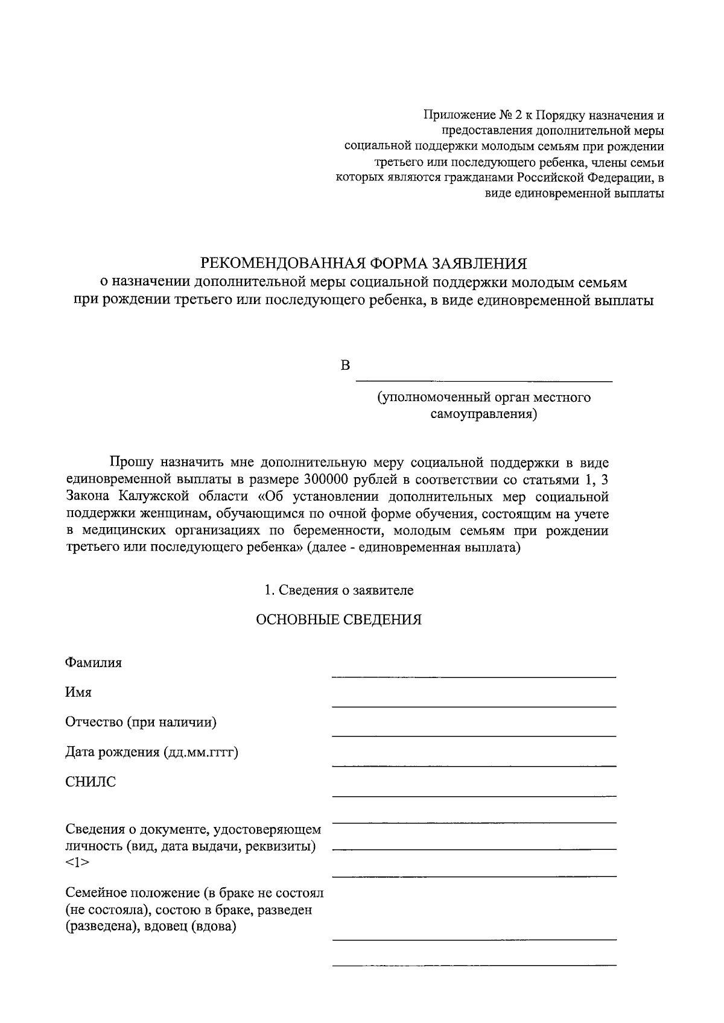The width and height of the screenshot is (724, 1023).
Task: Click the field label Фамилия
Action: [x=93, y=662]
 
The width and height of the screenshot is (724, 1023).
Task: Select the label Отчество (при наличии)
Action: [x=141, y=722]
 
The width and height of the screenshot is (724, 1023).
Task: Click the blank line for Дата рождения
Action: [x=474, y=764]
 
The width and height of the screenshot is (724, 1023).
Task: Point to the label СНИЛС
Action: [x=91, y=782]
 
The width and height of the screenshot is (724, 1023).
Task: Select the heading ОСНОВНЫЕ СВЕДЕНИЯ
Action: [x=338, y=620]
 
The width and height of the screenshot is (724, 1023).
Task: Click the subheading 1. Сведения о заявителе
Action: [x=338, y=591]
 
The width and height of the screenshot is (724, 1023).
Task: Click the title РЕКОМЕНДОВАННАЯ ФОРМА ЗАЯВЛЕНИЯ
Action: [x=363, y=263]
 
